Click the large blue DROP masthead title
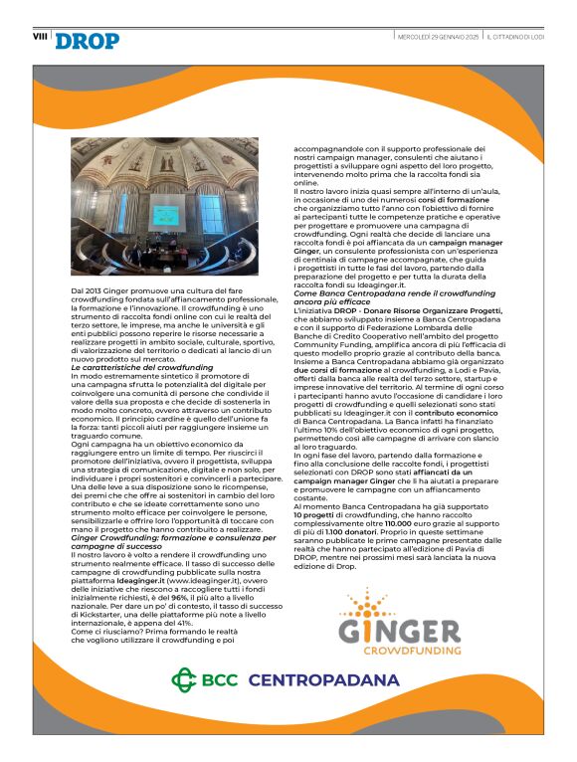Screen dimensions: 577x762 pyautogui.click(x=88, y=41)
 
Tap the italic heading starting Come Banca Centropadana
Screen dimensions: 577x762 pyautogui.click(x=383, y=295)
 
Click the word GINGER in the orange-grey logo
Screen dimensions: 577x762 pyautogui.click(x=399, y=632)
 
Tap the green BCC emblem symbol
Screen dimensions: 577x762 pyautogui.click(x=187, y=681)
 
